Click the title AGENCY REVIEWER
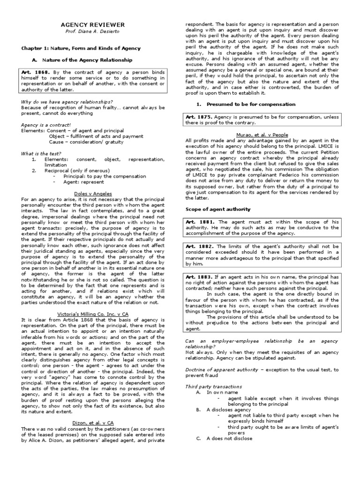click(94, 24)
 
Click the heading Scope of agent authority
click(218, 209)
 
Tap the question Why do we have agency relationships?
click(67, 102)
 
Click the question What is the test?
click(41, 153)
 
